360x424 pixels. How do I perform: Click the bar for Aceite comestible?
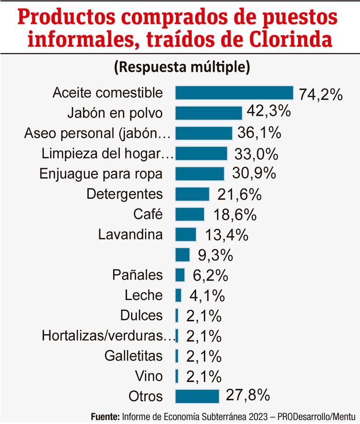(234, 93)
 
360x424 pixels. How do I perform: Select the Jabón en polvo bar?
(209, 113)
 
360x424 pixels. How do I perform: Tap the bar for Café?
(189, 214)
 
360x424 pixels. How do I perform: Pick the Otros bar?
(197, 396)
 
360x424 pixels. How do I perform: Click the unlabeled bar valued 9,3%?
(182, 255)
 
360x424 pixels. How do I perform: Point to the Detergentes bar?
(192, 194)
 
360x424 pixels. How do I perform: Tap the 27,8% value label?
(248, 395)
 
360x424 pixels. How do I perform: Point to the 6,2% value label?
(210, 275)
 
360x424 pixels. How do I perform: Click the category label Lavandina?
(131, 234)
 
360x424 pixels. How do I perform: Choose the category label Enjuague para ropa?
(101, 174)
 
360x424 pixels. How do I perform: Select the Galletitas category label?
(134, 356)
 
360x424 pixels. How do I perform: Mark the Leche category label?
(144, 295)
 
